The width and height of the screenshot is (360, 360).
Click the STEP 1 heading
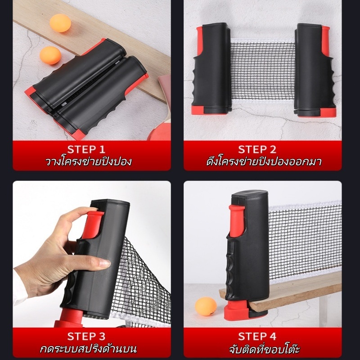(86, 149)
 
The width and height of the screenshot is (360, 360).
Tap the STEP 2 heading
(257, 149)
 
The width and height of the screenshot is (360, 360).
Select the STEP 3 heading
(86, 336)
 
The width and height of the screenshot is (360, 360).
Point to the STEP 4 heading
(257, 336)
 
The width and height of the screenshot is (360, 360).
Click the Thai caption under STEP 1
(88, 162)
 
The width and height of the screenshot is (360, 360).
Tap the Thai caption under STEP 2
(264, 162)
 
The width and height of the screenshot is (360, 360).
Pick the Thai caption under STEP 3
(88, 348)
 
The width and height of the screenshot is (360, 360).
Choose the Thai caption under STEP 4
(264, 348)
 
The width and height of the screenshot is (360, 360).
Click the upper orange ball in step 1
(60, 23)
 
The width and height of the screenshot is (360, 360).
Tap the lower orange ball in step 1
(50, 55)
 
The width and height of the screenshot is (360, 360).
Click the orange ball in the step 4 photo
(206, 306)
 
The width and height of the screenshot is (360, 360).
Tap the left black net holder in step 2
(211, 69)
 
